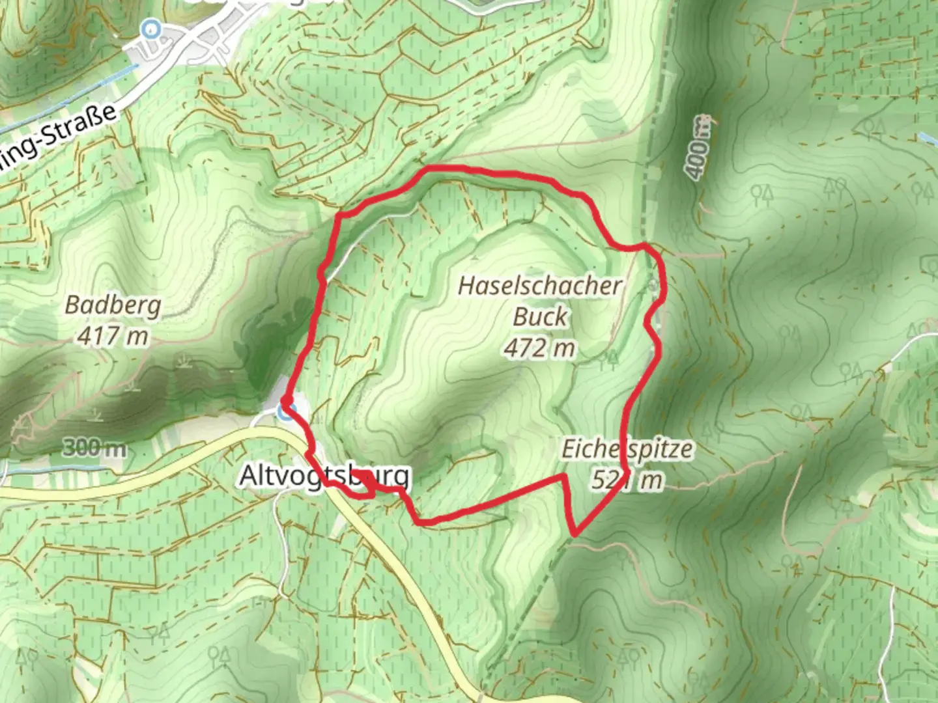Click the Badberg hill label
[x=113, y=305]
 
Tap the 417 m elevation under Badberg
[x=113, y=336]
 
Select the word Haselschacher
[x=540, y=286]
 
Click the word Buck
[x=540, y=317]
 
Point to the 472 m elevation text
[x=539, y=348]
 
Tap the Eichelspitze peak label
[x=627, y=449]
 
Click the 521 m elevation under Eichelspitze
[x=627, y=480]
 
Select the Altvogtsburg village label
[x=324, y=476]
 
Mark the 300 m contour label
[x=95, y=448]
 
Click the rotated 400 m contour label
[x=698, y=148]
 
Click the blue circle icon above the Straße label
[x=152, y=28]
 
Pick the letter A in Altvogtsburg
[x=248, y=476]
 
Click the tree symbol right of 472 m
[x=611, y=358]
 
